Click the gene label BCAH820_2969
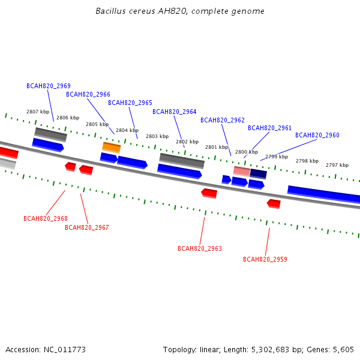click(49, 86)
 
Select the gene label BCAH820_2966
click(88, 94)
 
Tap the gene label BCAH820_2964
click(175, 112)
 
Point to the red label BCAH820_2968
click(46, 218)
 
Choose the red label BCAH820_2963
click(200, 248)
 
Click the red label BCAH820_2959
click(265, 259)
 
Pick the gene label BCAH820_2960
click(317, 135)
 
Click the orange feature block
click(112, 148)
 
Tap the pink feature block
click(242, 171)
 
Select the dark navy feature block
click(258, 174)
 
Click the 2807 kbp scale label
click(38, 112)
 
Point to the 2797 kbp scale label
click(337, 165)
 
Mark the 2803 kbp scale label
click(157, 136)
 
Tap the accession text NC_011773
click(65, 350)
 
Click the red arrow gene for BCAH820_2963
click(209, 193)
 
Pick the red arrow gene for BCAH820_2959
click(274, 204)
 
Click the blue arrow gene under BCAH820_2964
click(179, 171)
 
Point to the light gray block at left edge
click(8, 163)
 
